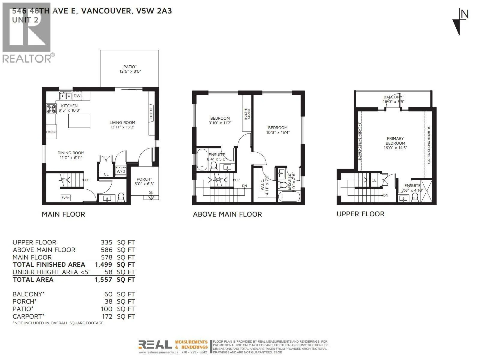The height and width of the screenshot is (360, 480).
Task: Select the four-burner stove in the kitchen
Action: tap(51, 109)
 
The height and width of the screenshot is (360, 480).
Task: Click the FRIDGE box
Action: tap(51, 132)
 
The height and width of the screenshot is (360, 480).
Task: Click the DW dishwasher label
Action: tap(77, 96)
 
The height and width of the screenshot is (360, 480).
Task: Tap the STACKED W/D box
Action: tap(121, 170)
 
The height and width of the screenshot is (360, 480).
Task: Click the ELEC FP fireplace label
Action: tap(151, 113)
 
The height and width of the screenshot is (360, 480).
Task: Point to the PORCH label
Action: tap(144, 179)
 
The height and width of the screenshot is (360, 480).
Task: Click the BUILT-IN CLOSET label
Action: tap(247, 114)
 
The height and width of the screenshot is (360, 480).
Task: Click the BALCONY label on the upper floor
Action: tap(393, 97)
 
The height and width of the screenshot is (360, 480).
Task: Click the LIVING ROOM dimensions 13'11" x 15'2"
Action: tap(122, 127)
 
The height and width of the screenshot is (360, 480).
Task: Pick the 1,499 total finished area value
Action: tap(103, 265)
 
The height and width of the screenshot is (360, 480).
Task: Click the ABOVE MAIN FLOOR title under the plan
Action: tap(227, 214)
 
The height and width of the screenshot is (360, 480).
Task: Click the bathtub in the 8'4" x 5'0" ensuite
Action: tap(202, 160)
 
